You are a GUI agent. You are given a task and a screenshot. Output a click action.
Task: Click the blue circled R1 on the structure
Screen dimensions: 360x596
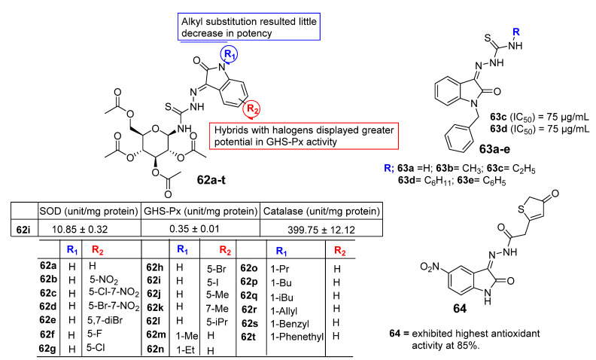click(227, 54)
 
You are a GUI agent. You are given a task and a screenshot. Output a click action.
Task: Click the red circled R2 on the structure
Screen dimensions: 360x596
click(254, 108)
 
